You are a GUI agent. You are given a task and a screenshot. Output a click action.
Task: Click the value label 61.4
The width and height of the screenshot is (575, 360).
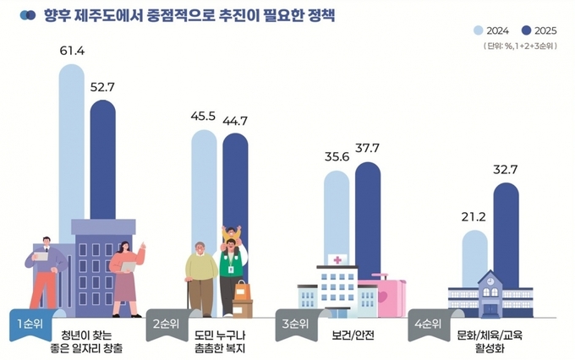pyautogui.click(x=72, y=52)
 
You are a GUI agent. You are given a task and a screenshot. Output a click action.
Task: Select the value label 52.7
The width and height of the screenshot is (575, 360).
pyautogui.click(x=103, y=86)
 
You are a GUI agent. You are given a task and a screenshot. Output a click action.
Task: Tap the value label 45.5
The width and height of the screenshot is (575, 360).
pyautogui.click(x=204, y=117)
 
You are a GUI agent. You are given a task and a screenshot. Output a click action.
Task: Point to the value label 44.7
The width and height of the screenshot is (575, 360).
pyautogui.click(x=234, y=121)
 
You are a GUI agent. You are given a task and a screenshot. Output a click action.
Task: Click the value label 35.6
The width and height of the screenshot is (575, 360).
pyautogui.click(x=337, y=158)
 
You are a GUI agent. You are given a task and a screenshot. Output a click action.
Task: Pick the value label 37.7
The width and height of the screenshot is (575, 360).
pyautogui.click(x=368, y=149)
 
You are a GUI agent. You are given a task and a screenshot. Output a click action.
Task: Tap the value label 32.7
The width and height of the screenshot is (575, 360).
pyautogui.click(x=506, y=169)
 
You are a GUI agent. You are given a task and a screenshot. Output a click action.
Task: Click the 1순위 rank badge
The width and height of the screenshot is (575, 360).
pyautogui.click(x=28, y=325)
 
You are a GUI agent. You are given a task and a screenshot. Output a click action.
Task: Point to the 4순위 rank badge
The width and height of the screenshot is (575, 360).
pyautogui.click(x=428, y=325)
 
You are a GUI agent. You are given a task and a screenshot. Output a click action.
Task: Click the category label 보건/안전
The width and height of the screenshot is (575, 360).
pyautogui.click(x=353, y=334)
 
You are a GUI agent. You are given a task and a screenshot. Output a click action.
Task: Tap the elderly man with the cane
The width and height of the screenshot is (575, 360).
pyautogui.click(x=200, y=279)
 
